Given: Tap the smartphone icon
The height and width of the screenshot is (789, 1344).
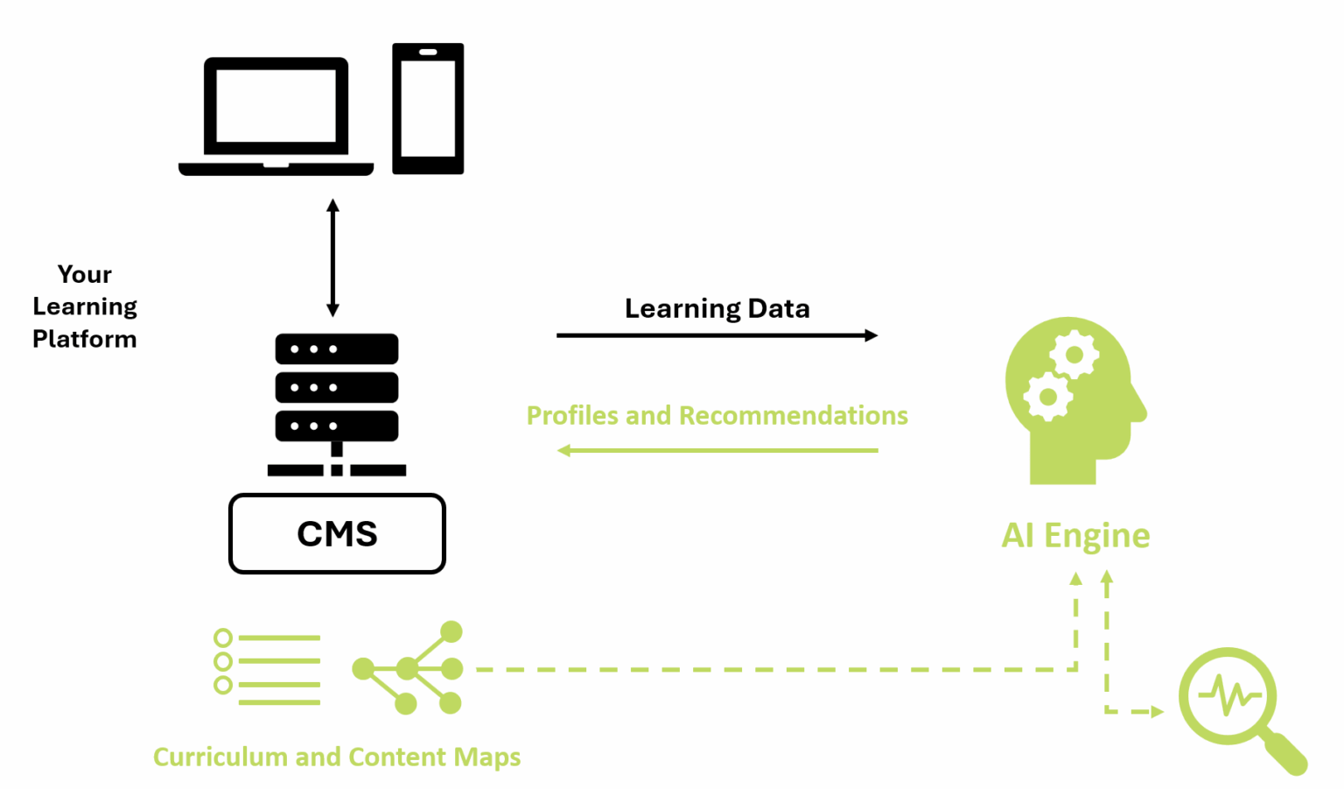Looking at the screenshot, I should pyautogui.click(x=428, y=109).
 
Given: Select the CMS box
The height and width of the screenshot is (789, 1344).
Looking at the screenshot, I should pyautogui.click(x=337, y=533).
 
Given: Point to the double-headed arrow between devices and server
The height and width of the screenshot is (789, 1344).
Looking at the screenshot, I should pyautogui.click(x=332, y=257).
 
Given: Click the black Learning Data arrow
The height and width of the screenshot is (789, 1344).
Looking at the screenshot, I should pyautogui.click(x=717, y=335).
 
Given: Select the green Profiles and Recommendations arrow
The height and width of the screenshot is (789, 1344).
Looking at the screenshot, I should pyautogui.click(x=717, y=450).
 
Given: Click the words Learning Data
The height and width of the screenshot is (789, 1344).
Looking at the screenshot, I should pyautogui.click(x=717, y=308).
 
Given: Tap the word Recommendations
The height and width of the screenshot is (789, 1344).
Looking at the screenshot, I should pyautogui.click(x=793, y=415).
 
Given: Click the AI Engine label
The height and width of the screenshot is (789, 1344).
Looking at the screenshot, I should pyautogui.click(x=1075, y=535).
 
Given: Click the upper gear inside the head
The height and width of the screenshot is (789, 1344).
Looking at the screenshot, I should pyautogui.click(x=1074, y=355).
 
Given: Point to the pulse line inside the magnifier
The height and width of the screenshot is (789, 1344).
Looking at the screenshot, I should pyautogui.click(x=1229, y=697).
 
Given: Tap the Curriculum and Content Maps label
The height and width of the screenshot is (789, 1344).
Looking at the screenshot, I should pyautogui.click(x=337, y=757).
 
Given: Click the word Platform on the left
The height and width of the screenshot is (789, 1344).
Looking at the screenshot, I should pyautogui.click(x=85, y=339).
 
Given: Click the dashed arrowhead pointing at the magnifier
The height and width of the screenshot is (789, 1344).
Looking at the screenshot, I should pyautogui.click(x=1157, y=712).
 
